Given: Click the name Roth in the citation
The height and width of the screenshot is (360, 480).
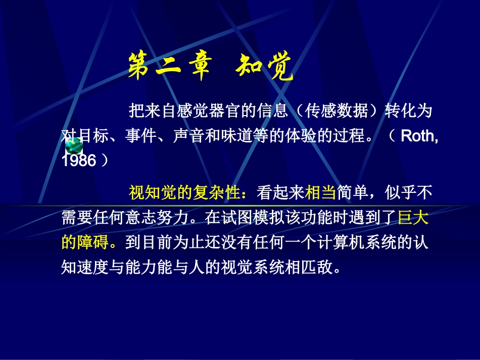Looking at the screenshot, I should pos(418,136).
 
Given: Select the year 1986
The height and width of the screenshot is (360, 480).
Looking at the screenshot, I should pos(79,161).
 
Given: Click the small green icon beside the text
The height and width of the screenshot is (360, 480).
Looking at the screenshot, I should pos(74,146).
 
